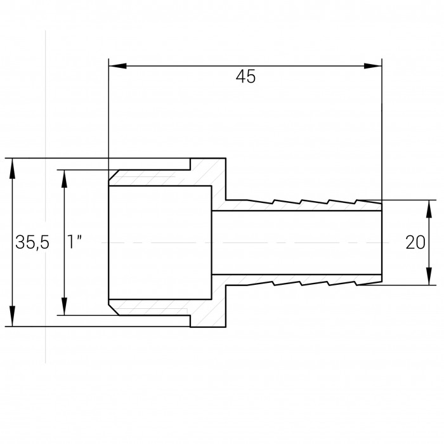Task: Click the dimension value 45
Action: pos(245,77)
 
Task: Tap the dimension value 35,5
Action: pos(32,242)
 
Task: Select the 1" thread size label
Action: pos(74,242)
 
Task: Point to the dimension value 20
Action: pos(415,243)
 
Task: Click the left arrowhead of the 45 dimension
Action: pos(117,66)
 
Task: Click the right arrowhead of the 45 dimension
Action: pos(373,66)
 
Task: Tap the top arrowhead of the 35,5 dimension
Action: pos(12,167)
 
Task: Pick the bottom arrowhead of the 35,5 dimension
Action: pos(12,317)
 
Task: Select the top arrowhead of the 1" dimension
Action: pos(65,179)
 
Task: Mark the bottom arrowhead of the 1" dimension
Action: pos(65,306)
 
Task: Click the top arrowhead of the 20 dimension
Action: pos(429,209)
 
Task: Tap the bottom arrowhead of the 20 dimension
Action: pos(429,276)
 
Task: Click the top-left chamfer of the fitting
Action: pos(114,175)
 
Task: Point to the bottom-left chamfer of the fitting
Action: pos(114,310)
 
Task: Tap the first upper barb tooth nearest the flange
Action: pos(260,202)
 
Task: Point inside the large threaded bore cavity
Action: pos(160,242)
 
